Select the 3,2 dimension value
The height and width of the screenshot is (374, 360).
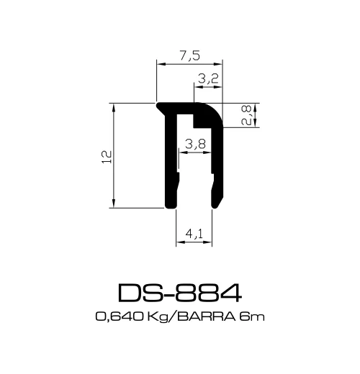point(207,80)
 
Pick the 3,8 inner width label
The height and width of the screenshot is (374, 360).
point(194,144)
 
